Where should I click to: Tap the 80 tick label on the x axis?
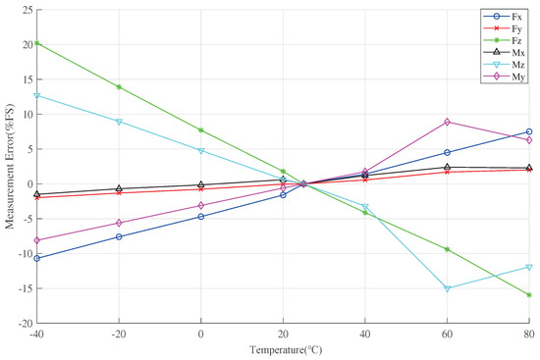529,334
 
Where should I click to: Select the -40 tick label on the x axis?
37,334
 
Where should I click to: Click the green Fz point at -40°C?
37,43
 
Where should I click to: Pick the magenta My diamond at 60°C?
448,122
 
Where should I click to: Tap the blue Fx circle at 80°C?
529,131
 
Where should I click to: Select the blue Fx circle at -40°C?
37,258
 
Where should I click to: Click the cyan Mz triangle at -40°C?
37,95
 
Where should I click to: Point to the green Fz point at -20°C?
119,87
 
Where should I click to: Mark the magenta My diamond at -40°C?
37,240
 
